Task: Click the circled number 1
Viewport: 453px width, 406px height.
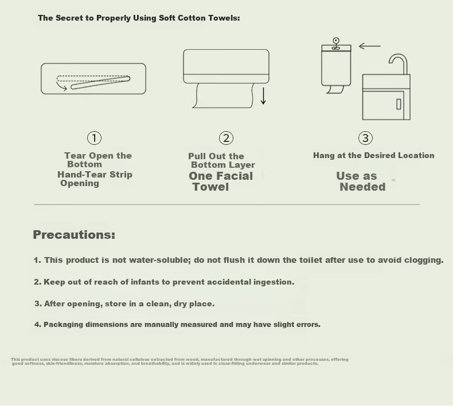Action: click(94, 138)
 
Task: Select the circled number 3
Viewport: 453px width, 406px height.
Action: click(365, 138)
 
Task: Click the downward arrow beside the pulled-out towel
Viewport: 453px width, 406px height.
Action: click(263, 96)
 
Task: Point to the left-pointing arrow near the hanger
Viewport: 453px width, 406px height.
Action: click(370, 46)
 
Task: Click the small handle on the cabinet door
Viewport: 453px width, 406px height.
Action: click(399, 104)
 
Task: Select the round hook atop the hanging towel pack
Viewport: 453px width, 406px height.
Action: click(335, 41)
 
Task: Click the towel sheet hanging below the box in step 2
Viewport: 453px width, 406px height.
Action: click(223, 96)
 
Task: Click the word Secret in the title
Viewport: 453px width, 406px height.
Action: click(68, 18)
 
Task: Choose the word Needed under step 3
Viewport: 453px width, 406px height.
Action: click(362, 187)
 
